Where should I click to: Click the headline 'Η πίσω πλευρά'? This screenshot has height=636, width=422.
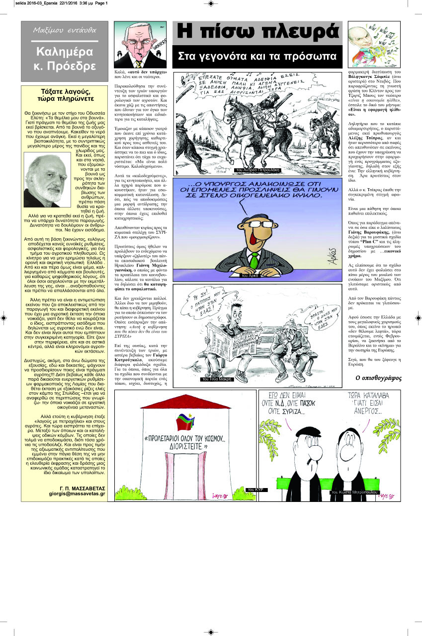point(257,33)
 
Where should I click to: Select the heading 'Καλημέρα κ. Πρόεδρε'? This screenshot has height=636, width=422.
point(65,59)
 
